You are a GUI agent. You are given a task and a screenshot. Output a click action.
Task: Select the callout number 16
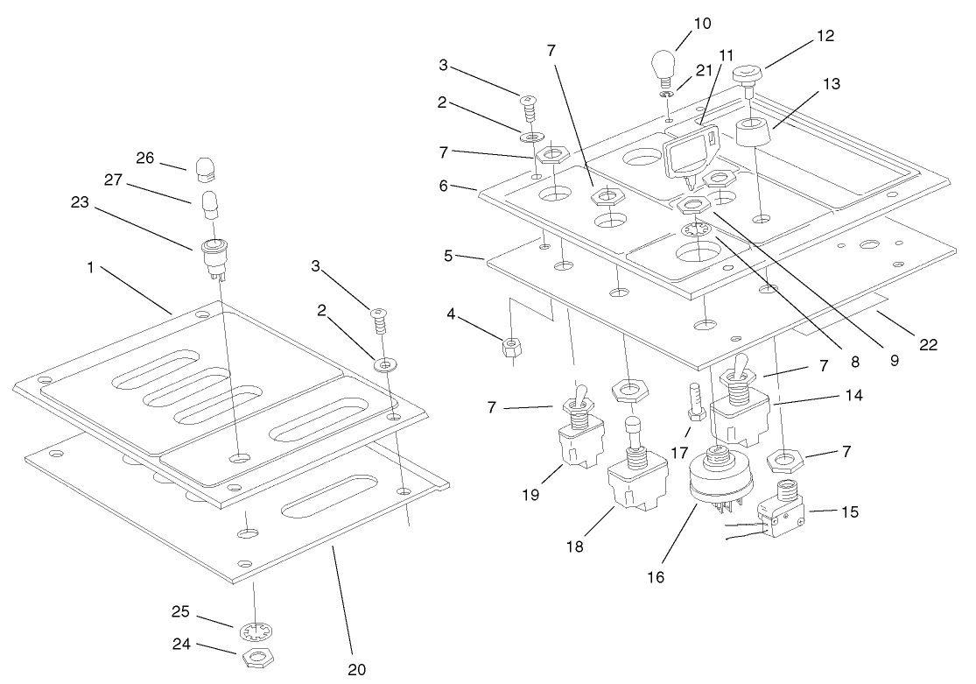pyautogui.click(x=656, y=577)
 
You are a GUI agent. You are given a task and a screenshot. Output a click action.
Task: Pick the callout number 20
pyautogui.click(x=355, y=669)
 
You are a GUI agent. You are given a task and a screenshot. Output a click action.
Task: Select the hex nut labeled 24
pyautogui.click(x=254, y=658)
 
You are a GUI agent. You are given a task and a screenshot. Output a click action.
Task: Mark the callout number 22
pyautogui.click(x=928, y=345)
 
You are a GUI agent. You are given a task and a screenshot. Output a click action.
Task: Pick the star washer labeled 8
pyautogui.click(x=696, y=232)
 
